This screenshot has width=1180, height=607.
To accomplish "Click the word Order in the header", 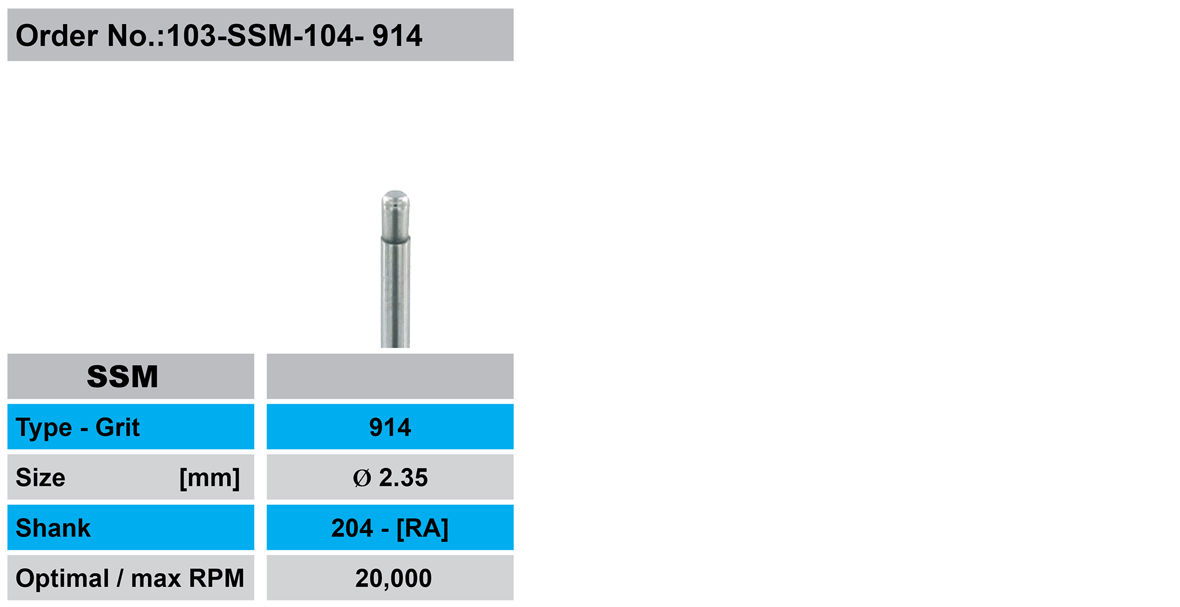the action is click(57, 35).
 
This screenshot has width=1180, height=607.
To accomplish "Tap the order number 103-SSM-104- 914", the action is click(294, 35).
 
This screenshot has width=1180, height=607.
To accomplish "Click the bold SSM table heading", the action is click(123, 376).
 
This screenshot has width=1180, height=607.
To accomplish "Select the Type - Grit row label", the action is click(78, 428).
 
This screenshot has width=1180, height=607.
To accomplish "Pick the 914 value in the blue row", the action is click(390, 427).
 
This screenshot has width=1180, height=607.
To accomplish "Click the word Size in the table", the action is click(41, 477).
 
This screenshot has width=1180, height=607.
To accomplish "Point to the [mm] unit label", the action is click(210, 478).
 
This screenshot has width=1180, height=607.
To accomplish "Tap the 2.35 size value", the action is click(403, 477).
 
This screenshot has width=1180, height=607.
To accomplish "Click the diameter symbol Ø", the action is click(362, 478).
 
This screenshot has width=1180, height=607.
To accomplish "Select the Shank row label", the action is click(53, 528).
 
